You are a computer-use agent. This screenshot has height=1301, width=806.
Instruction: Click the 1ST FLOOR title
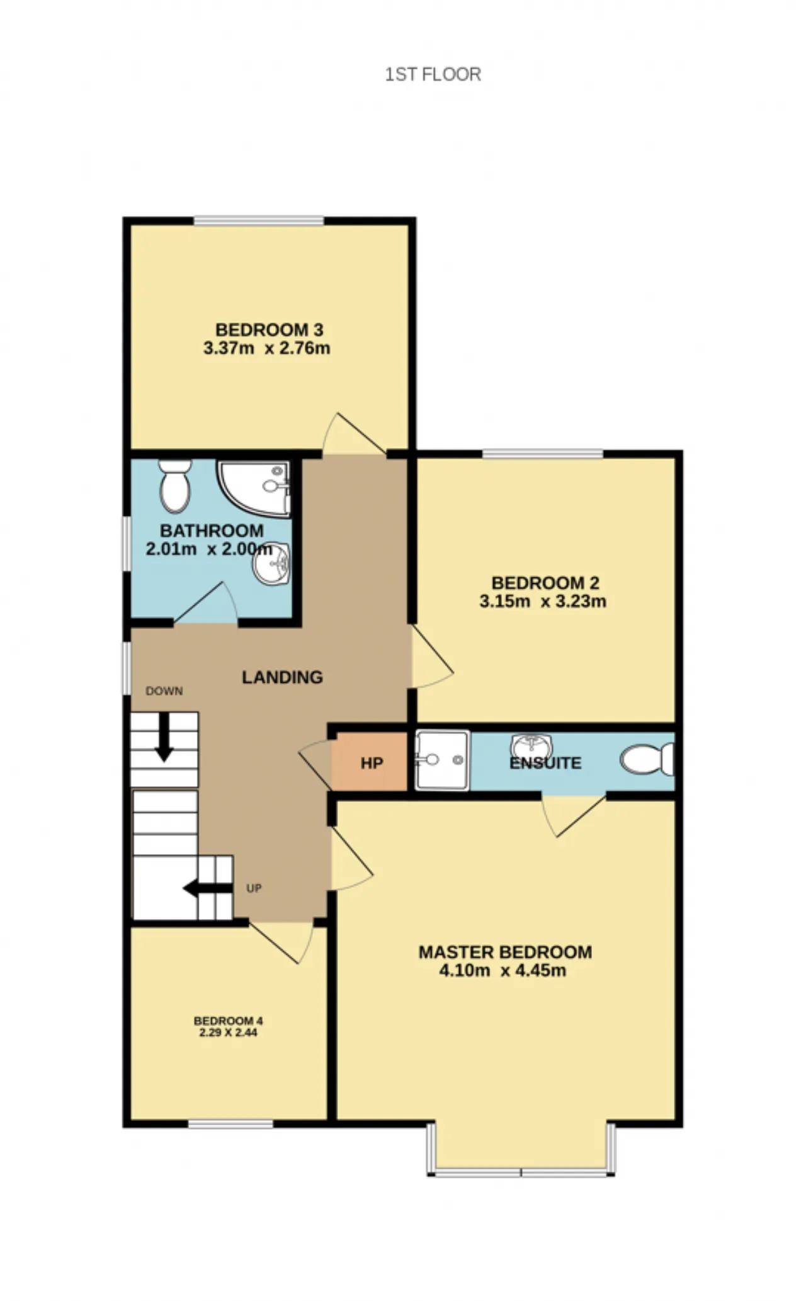[433, 74]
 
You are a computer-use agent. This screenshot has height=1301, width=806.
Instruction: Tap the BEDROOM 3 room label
[270, 330]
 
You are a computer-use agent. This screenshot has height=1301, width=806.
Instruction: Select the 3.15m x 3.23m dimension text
[543, 601]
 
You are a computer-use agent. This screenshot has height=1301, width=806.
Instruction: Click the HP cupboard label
[372, 764]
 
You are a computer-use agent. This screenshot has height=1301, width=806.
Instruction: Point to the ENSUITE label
[545, 763]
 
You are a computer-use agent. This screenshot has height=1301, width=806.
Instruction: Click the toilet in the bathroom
[175, 486]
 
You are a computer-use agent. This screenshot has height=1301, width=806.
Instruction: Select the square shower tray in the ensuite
[442, 759]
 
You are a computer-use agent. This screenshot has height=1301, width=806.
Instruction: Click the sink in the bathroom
[272, 563]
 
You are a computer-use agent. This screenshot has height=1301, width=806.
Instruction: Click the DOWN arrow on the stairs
[164, 737]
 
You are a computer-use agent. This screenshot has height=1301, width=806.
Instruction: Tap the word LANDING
[283, 677]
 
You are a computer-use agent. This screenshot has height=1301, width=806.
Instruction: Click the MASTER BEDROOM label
[505, 952]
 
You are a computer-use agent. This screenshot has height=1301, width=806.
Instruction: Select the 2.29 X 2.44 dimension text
[228, 1032]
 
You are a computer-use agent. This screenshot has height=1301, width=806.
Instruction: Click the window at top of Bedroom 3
[259, 221]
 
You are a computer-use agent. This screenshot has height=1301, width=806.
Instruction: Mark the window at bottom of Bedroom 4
[230, 1124]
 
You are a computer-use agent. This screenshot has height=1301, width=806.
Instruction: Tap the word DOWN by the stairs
[164, 691]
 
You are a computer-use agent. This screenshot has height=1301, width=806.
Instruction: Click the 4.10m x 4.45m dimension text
[502, 970]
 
